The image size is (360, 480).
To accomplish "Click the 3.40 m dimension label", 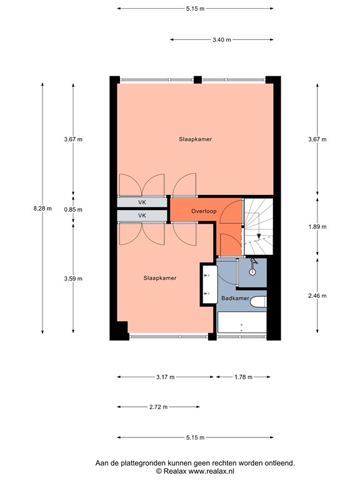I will [221, 39].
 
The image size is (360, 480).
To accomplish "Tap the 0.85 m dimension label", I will [73, 210].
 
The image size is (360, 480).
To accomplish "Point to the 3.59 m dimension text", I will [73, 279].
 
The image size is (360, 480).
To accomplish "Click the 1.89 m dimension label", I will [317, 227].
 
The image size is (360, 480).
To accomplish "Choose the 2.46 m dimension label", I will [317, 296].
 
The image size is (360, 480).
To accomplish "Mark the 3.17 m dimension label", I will [166, 377].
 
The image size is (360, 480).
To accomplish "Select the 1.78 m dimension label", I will [243, 377].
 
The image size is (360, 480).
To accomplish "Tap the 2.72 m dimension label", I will [159, 407].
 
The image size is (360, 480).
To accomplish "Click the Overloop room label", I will [204, 211].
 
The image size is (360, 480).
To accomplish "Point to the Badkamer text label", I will [235, 299].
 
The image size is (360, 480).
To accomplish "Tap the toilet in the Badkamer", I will [258, 302].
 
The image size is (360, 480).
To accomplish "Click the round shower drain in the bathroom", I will [252, 271].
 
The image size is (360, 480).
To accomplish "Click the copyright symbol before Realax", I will [159, 471].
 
